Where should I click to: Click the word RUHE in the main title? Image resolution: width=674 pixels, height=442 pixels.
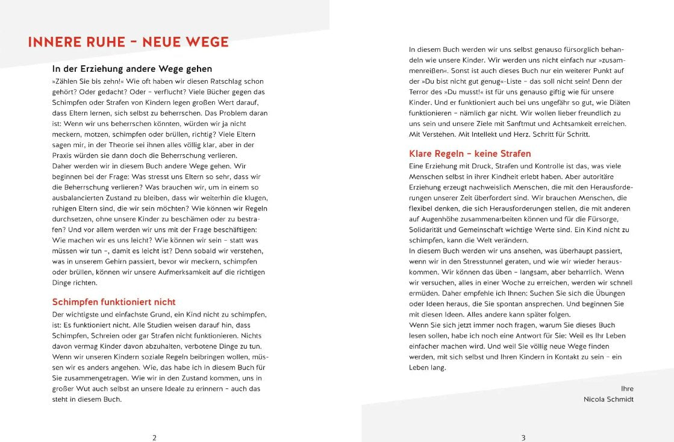coord(102,42)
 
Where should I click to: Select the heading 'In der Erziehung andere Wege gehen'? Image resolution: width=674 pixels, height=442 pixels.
coord(132,69)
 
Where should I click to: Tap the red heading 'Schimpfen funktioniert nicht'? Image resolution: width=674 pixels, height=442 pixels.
coord(114,302)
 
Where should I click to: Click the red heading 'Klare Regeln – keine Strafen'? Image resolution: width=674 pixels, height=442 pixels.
coord(470,154)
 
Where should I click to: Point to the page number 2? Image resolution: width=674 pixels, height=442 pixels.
coord(154,438)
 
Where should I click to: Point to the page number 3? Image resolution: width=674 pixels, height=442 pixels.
coord(523,438)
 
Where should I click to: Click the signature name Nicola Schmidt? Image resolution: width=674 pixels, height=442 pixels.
coord(608,399)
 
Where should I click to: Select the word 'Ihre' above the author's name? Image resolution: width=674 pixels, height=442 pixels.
coord(627,388)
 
